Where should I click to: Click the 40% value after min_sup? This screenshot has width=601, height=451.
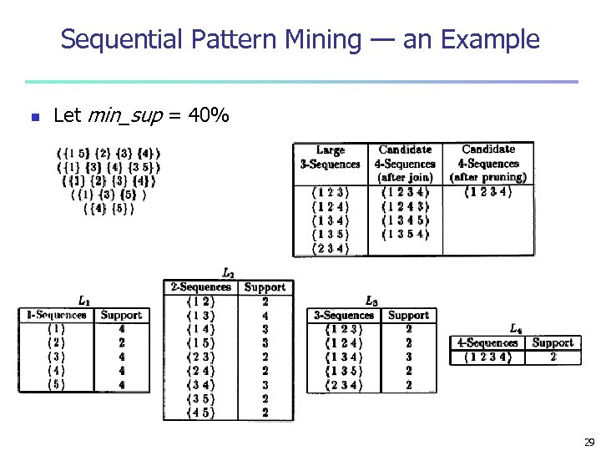click(210, 116)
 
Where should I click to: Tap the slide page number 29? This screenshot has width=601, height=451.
click(588, 442)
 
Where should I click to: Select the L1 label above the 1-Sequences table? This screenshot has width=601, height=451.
click(84, 300)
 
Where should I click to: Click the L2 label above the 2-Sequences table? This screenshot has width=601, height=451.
click(228, 272)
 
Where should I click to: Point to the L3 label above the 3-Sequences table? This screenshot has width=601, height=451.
click(371, 301)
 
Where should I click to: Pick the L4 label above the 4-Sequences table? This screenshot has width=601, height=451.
click(516, 328)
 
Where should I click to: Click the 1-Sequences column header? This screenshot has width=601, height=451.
click(57, 316)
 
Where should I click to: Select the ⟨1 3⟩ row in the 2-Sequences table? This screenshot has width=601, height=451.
click(199, 316)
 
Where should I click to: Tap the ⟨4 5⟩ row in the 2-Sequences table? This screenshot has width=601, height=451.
click(199, 413)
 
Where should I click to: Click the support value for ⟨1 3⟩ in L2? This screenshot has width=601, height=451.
click(265, 316)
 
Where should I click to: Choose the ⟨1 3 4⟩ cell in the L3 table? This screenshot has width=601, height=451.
click(344, 357)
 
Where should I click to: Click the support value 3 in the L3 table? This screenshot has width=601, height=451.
click(408, 357)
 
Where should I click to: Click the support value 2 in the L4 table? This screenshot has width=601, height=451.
click(553, 357)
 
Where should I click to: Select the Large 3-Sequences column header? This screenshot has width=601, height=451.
click(331, 157)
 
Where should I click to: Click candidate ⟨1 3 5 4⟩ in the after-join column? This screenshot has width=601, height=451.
click(405, 234)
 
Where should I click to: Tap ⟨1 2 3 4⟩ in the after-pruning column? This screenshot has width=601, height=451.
click(487, 191)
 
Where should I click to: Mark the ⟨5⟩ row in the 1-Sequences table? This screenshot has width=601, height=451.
click(57, 385)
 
